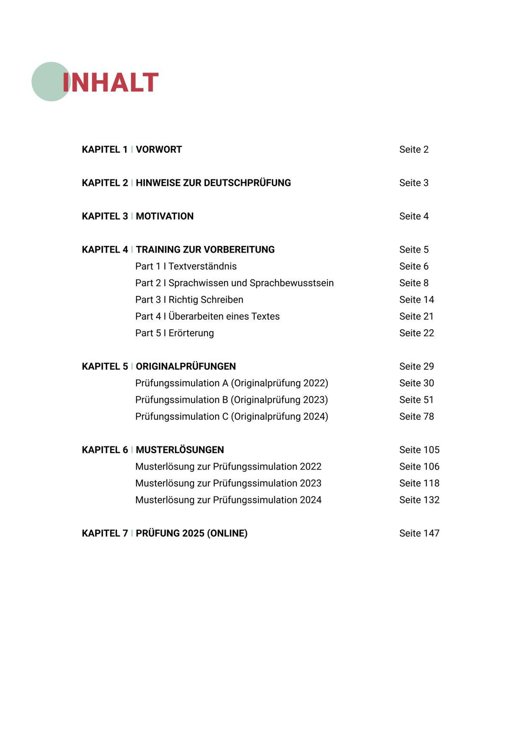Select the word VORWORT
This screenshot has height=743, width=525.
(159, 150)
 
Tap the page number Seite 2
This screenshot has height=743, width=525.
(414, 150)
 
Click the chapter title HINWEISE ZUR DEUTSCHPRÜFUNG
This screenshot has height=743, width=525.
(213, 183)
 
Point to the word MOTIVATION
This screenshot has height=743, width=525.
(164, 216)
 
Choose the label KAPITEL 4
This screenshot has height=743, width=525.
(105, 249)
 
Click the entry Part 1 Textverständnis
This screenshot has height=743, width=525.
(186, 266)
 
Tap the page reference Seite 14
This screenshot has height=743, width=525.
(416, 300)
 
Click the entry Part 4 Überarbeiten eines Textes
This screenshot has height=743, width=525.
(207, 316)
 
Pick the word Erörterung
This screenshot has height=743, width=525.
(191, 333)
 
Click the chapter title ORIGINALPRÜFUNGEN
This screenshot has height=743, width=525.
(186, 366)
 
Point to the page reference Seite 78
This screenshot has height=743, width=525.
(416, 417)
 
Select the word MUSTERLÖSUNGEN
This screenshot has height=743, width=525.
(180, 450)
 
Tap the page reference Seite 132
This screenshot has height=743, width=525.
(419, 500)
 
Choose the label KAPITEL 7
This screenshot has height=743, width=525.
(105, 533)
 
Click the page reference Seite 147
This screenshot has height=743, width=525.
(419, 533)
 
